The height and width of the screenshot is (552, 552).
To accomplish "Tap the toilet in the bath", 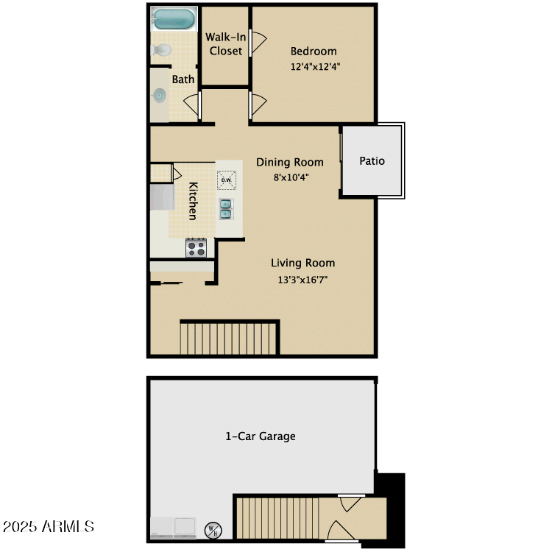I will (x=161, y=50).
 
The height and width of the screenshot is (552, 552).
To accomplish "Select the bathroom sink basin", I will (x=160, y=95).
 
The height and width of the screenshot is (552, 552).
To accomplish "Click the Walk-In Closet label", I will (x=225, y=43).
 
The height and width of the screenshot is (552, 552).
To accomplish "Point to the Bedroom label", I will (x=314, y=52).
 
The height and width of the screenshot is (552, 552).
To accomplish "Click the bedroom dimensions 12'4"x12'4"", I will (x=315, y=66).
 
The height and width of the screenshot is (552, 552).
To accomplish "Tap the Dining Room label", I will (x=290, y=162).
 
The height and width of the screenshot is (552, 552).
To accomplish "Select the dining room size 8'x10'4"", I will (x=290, y=177).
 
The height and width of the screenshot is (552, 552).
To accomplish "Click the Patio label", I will (x=372, y=160).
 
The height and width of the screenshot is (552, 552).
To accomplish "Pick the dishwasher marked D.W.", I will (x=226, y=180).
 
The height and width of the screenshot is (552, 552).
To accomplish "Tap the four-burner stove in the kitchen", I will (x=196, y=247).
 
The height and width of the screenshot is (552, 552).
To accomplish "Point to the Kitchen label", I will (x=192, y=201).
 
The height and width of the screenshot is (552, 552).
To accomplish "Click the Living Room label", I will (x=302, y=263).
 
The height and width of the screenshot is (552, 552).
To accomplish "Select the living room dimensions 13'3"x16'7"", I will (x=302, y=279).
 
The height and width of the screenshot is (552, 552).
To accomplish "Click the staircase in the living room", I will (x=229, y=338).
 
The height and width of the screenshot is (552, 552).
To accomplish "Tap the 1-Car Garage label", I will (x=261, y=436).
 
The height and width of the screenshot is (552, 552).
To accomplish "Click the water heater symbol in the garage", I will (x=213, y=528).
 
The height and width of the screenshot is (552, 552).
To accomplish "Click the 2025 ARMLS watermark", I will (x=50, y=527).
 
